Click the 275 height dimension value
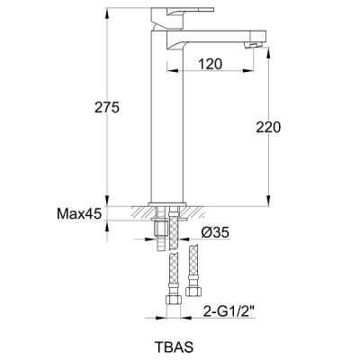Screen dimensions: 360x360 coord(107,107)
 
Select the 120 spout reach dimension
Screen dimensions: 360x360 coord(210,64)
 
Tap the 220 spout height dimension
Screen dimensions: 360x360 coord(268,127)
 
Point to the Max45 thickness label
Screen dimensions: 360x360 coord(79,214)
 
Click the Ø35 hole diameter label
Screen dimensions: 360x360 coord(215,232)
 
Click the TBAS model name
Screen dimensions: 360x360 coord(174,347)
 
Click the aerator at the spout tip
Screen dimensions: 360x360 coord(253,45)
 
